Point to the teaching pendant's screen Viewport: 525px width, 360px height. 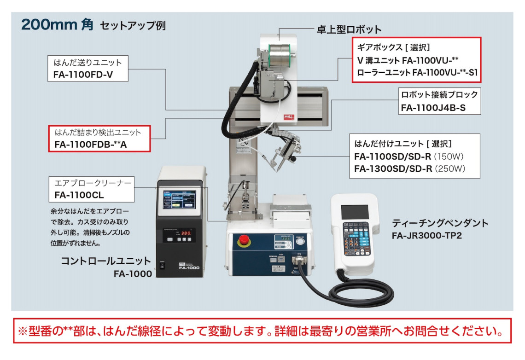click(x=354, y=212)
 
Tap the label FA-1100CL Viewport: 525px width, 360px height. click(x=79, y=195)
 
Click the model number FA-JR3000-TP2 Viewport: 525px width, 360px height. click(x=427, y=236)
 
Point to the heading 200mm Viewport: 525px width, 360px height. click(x=48, y=24)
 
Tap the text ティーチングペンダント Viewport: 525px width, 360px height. click(x=440, y=223)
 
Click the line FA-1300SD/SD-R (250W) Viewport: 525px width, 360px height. click(x=409, y=168)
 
